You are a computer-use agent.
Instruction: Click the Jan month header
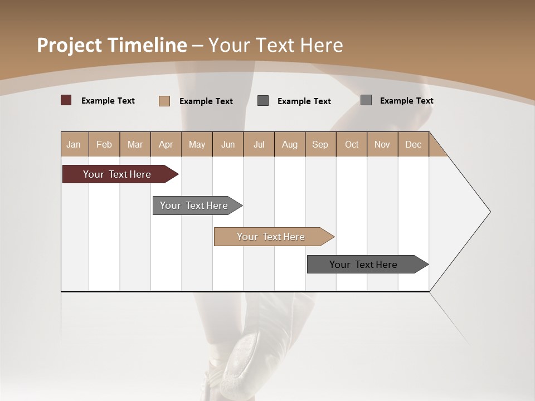tap(74, 144)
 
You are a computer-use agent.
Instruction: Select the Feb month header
tap(104, 144)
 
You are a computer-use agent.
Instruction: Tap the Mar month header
tap(135, 144)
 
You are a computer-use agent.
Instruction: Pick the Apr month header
tap(166, 144)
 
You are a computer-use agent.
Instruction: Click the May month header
tap(197, 144)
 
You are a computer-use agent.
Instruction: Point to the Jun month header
tap(228, 144)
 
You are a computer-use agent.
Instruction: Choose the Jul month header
tap(259, 144)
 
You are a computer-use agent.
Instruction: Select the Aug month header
tap(290, 144)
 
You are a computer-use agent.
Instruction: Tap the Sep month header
tap(320, 144)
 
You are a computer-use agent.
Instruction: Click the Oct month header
tap(352, 144)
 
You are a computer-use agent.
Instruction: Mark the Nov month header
tap(382, 144)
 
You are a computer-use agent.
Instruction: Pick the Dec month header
tap(414, 144)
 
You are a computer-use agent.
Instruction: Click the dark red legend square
tap(66, 100)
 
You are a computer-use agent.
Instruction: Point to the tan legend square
tap(164, 101)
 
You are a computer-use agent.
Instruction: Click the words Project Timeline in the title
tap(112, 45)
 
